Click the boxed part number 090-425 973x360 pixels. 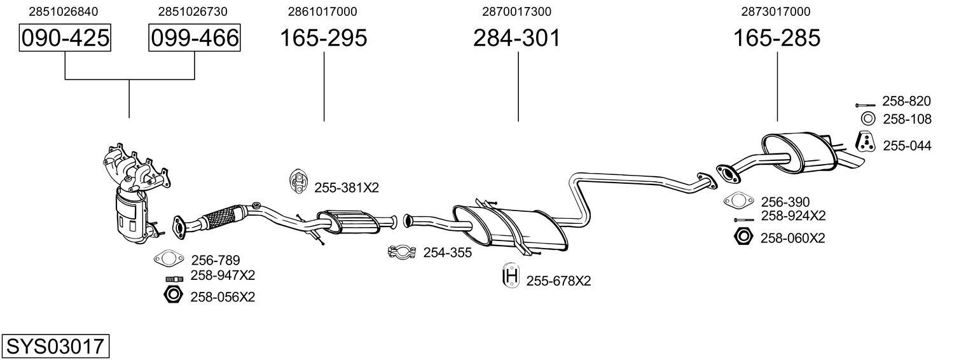pos(65,38)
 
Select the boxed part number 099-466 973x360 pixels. pos(194,38)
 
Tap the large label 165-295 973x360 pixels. pos(324,38)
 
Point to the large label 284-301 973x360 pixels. pos(516,38)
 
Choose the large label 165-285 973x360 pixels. pos(776,38)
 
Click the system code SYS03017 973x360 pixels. pos(55,347)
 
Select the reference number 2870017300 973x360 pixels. pos(516,11)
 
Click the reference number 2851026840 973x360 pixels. pos(64,11)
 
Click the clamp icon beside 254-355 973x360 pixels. pos(402,253)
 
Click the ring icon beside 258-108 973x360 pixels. pos(868,118)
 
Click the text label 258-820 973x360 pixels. pos(906,101)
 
